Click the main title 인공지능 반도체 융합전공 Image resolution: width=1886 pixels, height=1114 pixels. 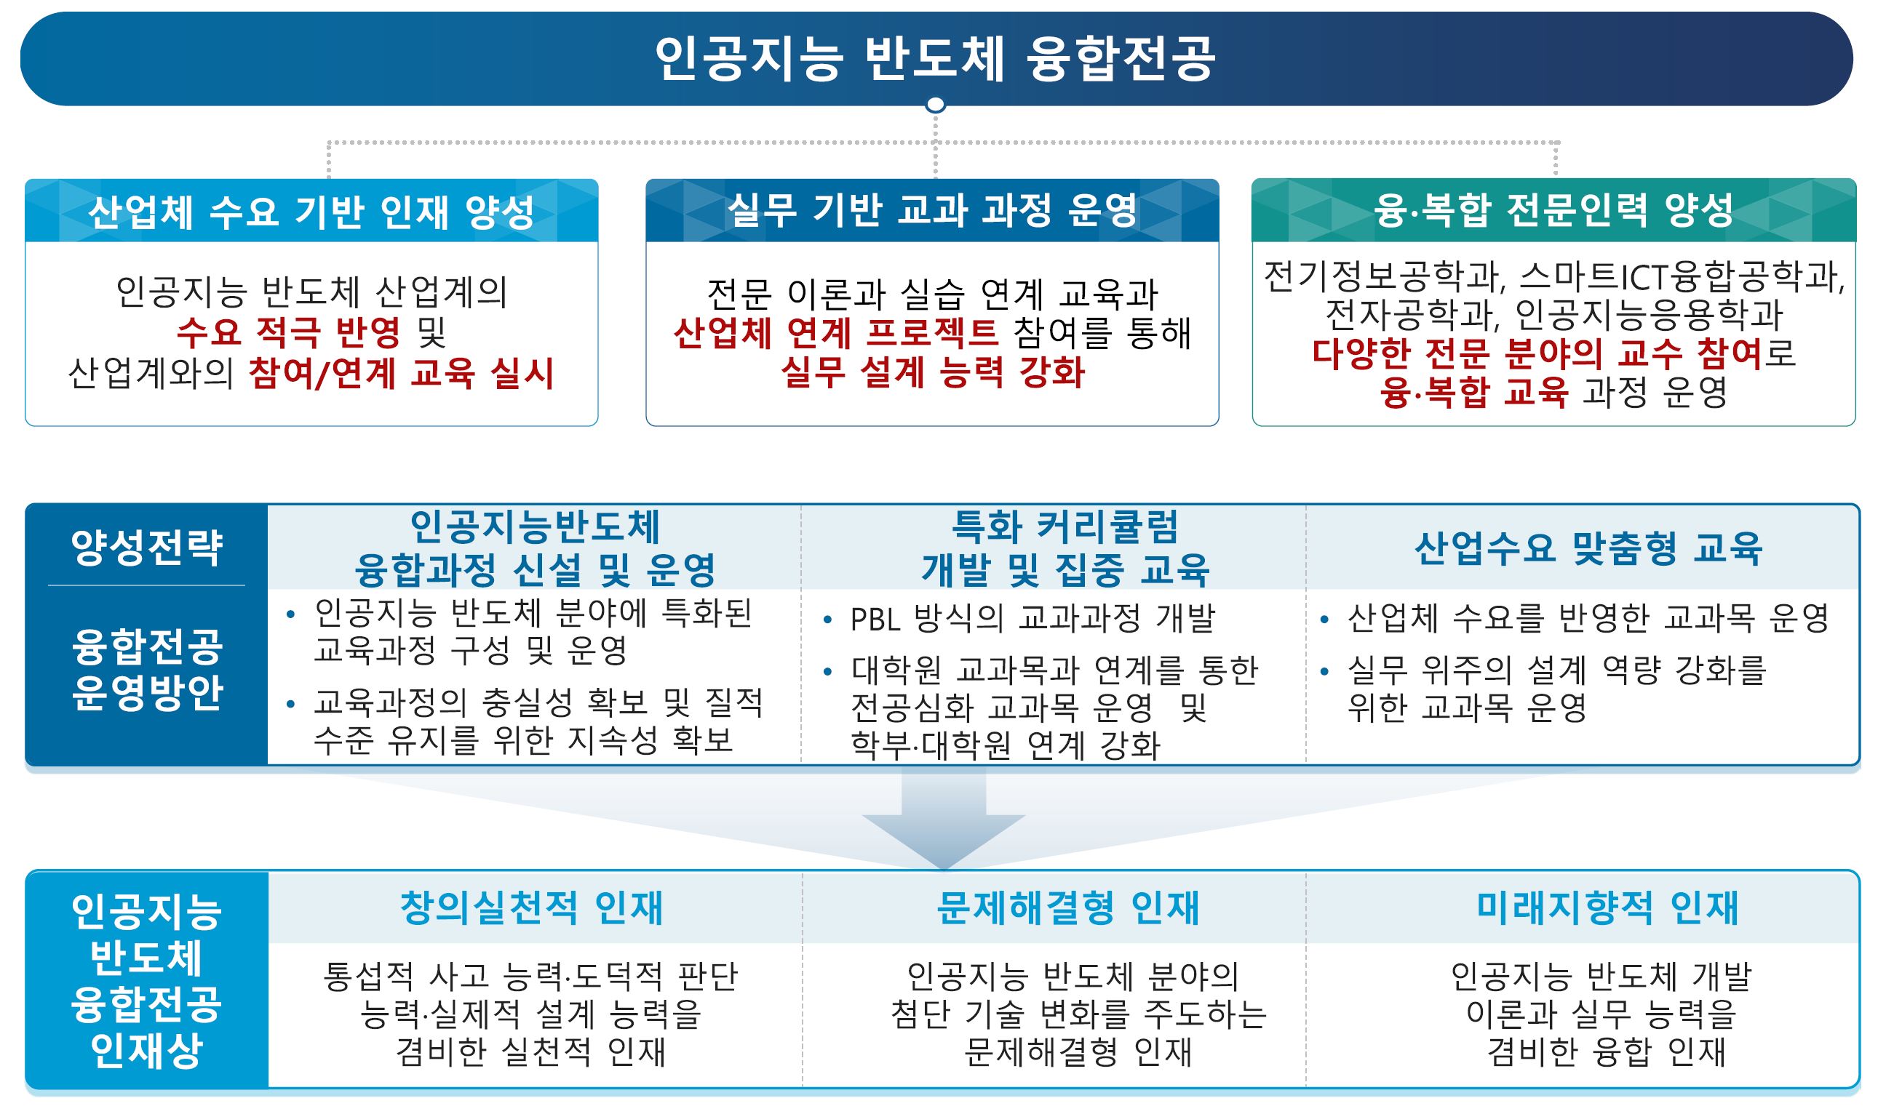click(935, 57)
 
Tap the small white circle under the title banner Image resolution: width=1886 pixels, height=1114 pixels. click(935, 104)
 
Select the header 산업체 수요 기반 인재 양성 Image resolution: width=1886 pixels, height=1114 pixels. click(311, 212)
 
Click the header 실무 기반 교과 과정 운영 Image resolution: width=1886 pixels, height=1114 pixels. click(932, 210)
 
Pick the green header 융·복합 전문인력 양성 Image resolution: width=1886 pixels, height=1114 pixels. click(1553, 210)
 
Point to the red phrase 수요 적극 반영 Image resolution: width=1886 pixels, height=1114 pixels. click(288, 332)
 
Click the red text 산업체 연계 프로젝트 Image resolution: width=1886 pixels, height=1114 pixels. click(836, 332)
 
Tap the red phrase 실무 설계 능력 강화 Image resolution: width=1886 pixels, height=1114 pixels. click(933, 372)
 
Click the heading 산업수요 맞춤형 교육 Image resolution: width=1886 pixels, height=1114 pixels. click(1588, 548)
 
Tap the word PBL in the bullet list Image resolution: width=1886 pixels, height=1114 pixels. click(875, 620)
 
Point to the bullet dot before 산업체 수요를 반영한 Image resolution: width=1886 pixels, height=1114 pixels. click(1325, 620)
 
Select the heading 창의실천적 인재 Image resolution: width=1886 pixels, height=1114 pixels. click(532, 907)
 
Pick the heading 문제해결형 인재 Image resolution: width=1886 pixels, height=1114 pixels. click(1068, 907)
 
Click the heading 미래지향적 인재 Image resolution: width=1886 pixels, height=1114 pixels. click(1607, 907)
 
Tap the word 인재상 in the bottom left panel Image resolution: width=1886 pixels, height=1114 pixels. click(147, 1050)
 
